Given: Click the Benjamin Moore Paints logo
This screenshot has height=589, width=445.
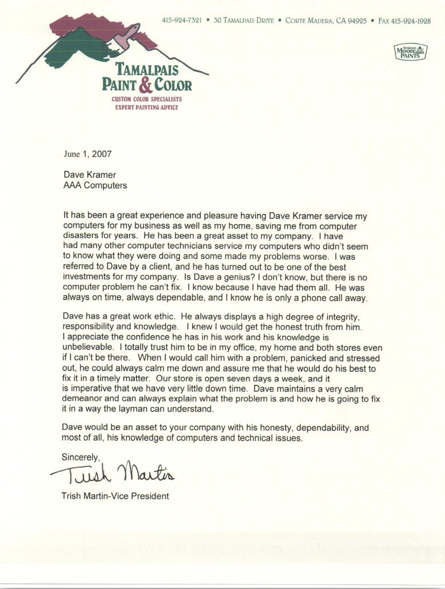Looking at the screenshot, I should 411,51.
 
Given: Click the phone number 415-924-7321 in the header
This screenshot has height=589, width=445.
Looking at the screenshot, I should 181,21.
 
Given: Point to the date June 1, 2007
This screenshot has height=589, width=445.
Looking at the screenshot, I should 87,154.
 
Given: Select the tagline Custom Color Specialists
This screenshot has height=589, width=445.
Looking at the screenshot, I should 146,100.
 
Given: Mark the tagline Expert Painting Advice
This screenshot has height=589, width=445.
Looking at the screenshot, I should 146,107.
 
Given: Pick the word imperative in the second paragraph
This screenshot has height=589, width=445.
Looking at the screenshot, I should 91,389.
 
